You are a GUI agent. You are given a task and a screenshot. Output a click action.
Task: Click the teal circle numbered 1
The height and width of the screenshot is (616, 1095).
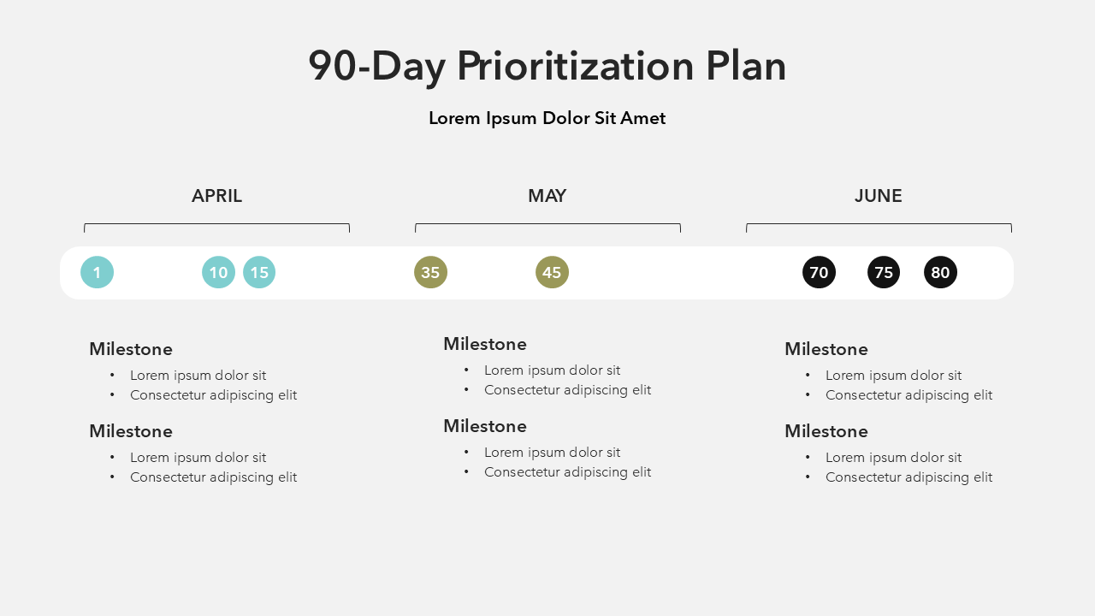click(x=97, y=272)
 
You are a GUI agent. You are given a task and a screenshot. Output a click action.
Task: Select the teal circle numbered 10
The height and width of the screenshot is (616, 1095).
click(x=218, y=272)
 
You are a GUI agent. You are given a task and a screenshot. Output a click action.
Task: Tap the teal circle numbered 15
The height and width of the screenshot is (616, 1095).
click(x=259, y=272)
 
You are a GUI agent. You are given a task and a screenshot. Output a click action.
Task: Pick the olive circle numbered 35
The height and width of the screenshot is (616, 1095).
click(x=430, y=272)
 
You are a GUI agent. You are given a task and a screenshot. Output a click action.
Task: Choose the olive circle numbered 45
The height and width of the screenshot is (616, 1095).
click(x=552, y=272)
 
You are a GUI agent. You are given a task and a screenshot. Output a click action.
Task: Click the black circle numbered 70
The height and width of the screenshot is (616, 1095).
click(x=819, y=272)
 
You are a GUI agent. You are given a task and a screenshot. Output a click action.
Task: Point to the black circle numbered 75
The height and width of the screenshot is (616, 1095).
click(x=884, y=272)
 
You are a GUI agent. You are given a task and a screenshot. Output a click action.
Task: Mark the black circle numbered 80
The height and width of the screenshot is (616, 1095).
click(x=940, y=272)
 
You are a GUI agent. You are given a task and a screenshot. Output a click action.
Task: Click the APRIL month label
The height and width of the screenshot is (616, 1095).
click(x=216, y=196)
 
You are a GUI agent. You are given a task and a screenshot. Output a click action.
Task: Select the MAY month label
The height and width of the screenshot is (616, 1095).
click(x=547, y=196)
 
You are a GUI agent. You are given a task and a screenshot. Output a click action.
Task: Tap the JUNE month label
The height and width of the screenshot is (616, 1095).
click(x=879, y=196)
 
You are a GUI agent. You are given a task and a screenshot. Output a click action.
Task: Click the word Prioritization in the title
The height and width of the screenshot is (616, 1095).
click(x=576, y=66)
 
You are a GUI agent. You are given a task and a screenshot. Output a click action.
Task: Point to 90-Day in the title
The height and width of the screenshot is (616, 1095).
click(x=377, y=67)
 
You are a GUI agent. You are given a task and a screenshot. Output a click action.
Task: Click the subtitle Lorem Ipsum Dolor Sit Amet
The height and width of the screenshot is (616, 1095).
click(x=547, y=118)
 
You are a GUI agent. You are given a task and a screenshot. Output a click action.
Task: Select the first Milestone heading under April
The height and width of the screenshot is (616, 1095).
click(x=131, y=349)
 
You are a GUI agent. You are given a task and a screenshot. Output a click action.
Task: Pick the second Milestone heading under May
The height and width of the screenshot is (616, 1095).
click(x=485, y=426)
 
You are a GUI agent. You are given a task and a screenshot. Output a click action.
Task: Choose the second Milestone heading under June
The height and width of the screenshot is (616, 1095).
click(x=826, y=431)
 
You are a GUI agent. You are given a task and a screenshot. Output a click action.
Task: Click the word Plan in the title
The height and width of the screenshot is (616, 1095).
click(x=746, y=66)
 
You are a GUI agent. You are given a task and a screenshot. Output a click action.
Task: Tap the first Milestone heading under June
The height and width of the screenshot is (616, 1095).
click(x=826, y=349)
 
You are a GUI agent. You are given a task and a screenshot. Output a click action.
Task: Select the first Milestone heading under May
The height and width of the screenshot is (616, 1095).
click(x=485, y=344)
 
